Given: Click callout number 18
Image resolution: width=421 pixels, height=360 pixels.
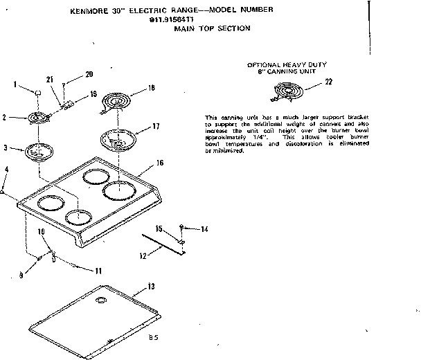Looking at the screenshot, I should coord(152,88).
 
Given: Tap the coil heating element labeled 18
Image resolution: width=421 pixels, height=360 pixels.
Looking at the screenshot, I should coord(115,101).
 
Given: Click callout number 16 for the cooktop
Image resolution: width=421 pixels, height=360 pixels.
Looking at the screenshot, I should coord(159,163).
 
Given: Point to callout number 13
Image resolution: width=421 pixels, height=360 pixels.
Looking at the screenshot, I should coord(152,287).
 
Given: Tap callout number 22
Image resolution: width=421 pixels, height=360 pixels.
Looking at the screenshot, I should coord(328,83).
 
